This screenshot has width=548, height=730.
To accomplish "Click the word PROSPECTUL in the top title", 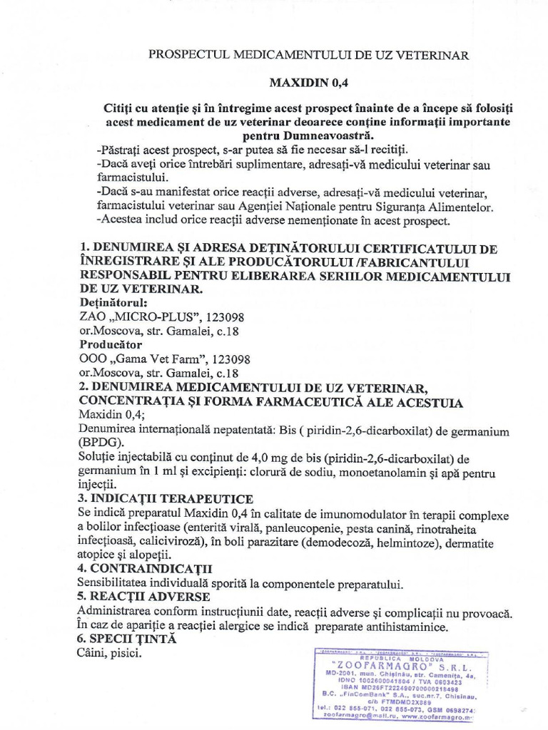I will pos(188,54).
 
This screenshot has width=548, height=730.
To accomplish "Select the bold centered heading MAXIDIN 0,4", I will pos(307,82).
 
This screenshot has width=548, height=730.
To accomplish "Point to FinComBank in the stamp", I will pos(366,692).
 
